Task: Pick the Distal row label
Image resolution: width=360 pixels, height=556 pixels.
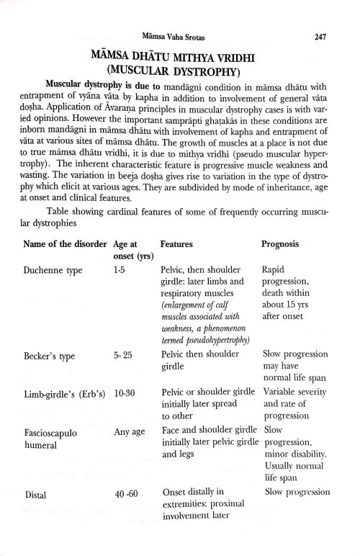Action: tap(36, 495)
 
